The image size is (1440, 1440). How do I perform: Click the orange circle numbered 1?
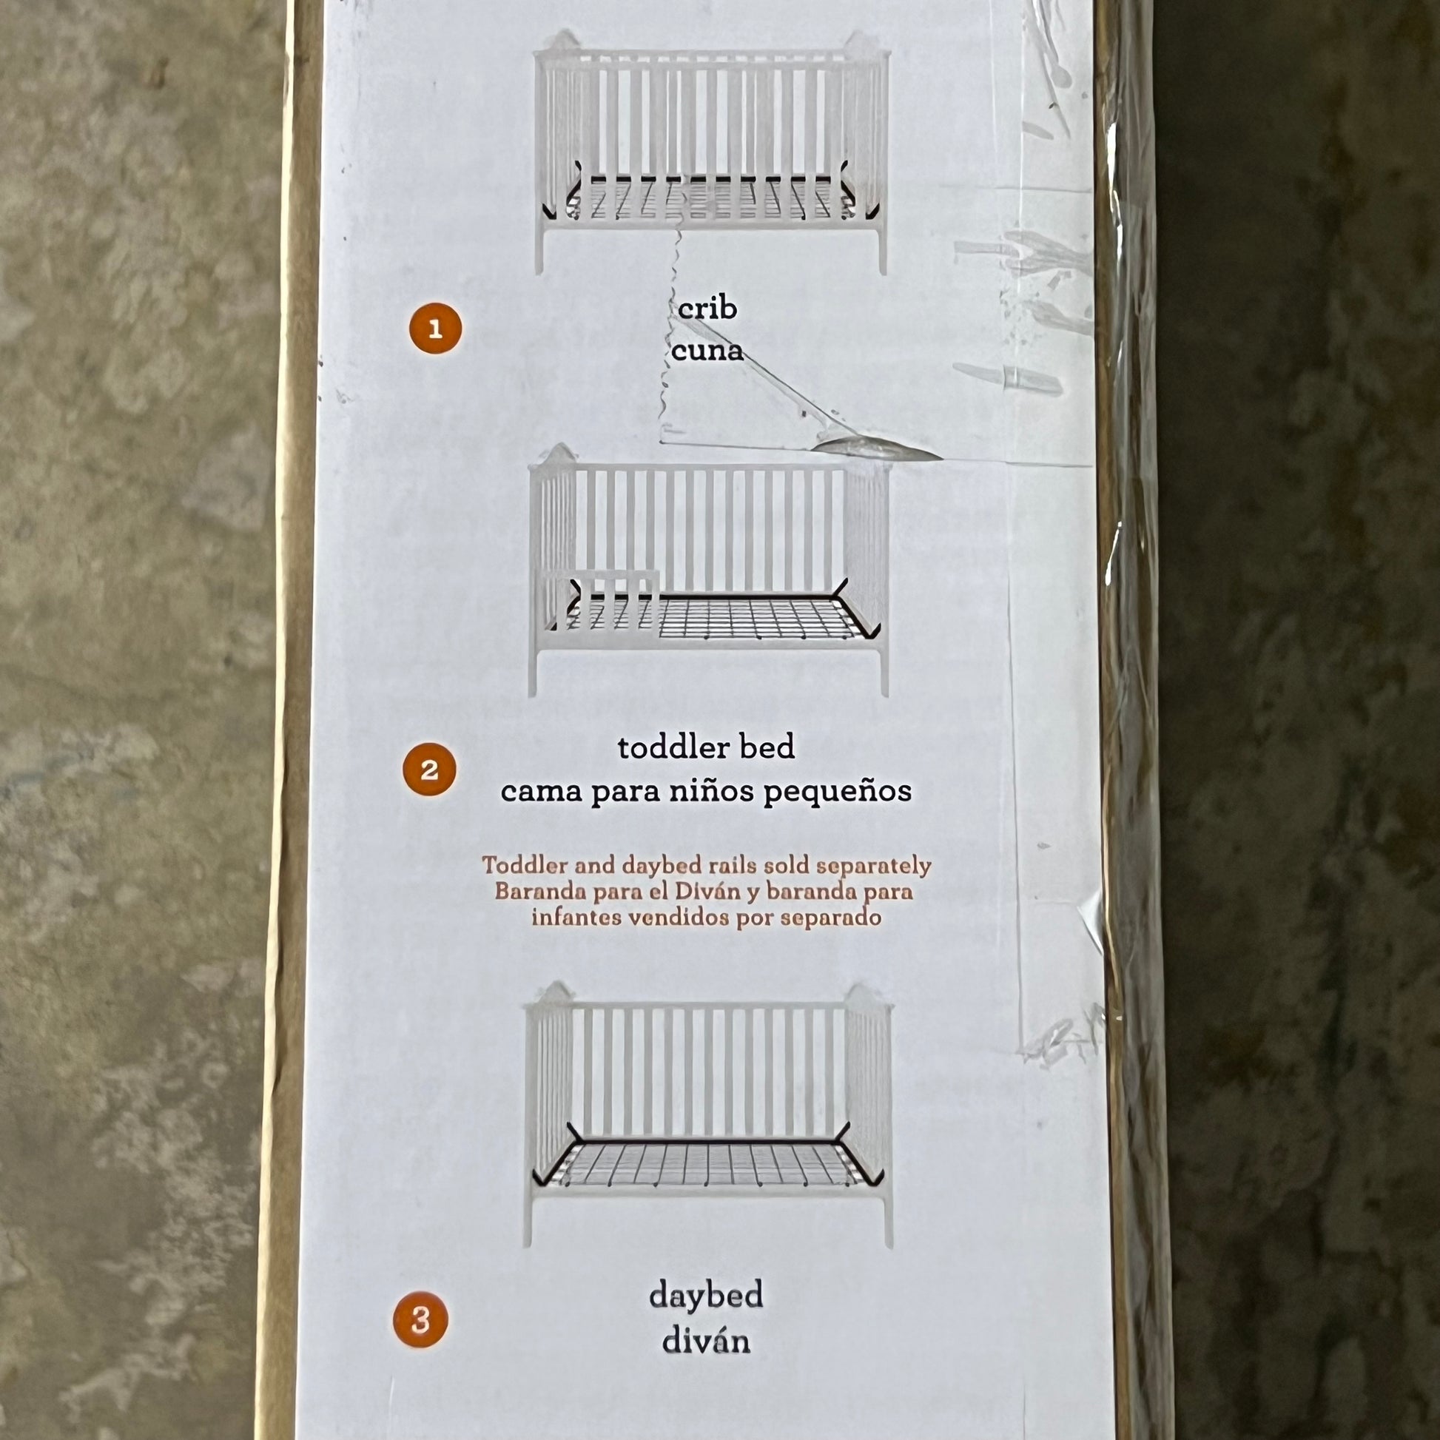coord(435,328)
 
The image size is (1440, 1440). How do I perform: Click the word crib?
coord(707,307)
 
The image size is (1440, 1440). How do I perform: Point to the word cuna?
coord(707,350)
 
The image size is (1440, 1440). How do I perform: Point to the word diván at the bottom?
coord(706,1342)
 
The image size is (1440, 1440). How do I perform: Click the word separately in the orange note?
coord(875,867)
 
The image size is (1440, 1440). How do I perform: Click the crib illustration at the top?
coord(713,152)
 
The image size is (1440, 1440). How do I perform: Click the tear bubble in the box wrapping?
coord(876,446)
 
